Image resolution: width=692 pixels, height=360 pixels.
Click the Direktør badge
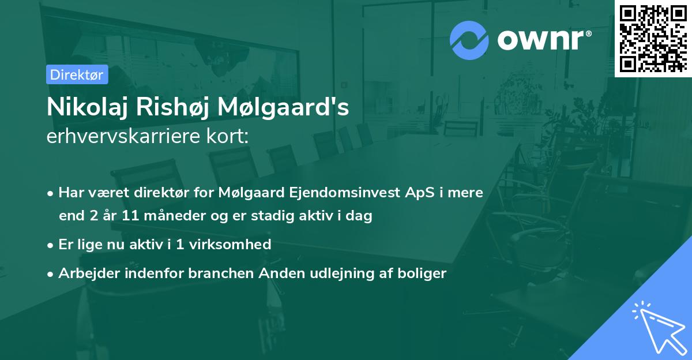pyautogui.click(x=77, y=74)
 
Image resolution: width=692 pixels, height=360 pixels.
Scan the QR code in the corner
pyautogui.click(x=653, y=39)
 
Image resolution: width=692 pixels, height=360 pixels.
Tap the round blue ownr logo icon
pyautogui.click(x=469, y=40)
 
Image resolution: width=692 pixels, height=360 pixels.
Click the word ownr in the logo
pyautogui.click(x=543, y=40)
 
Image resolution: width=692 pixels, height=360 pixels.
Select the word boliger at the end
pyautogui.click(x=423, y=273)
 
